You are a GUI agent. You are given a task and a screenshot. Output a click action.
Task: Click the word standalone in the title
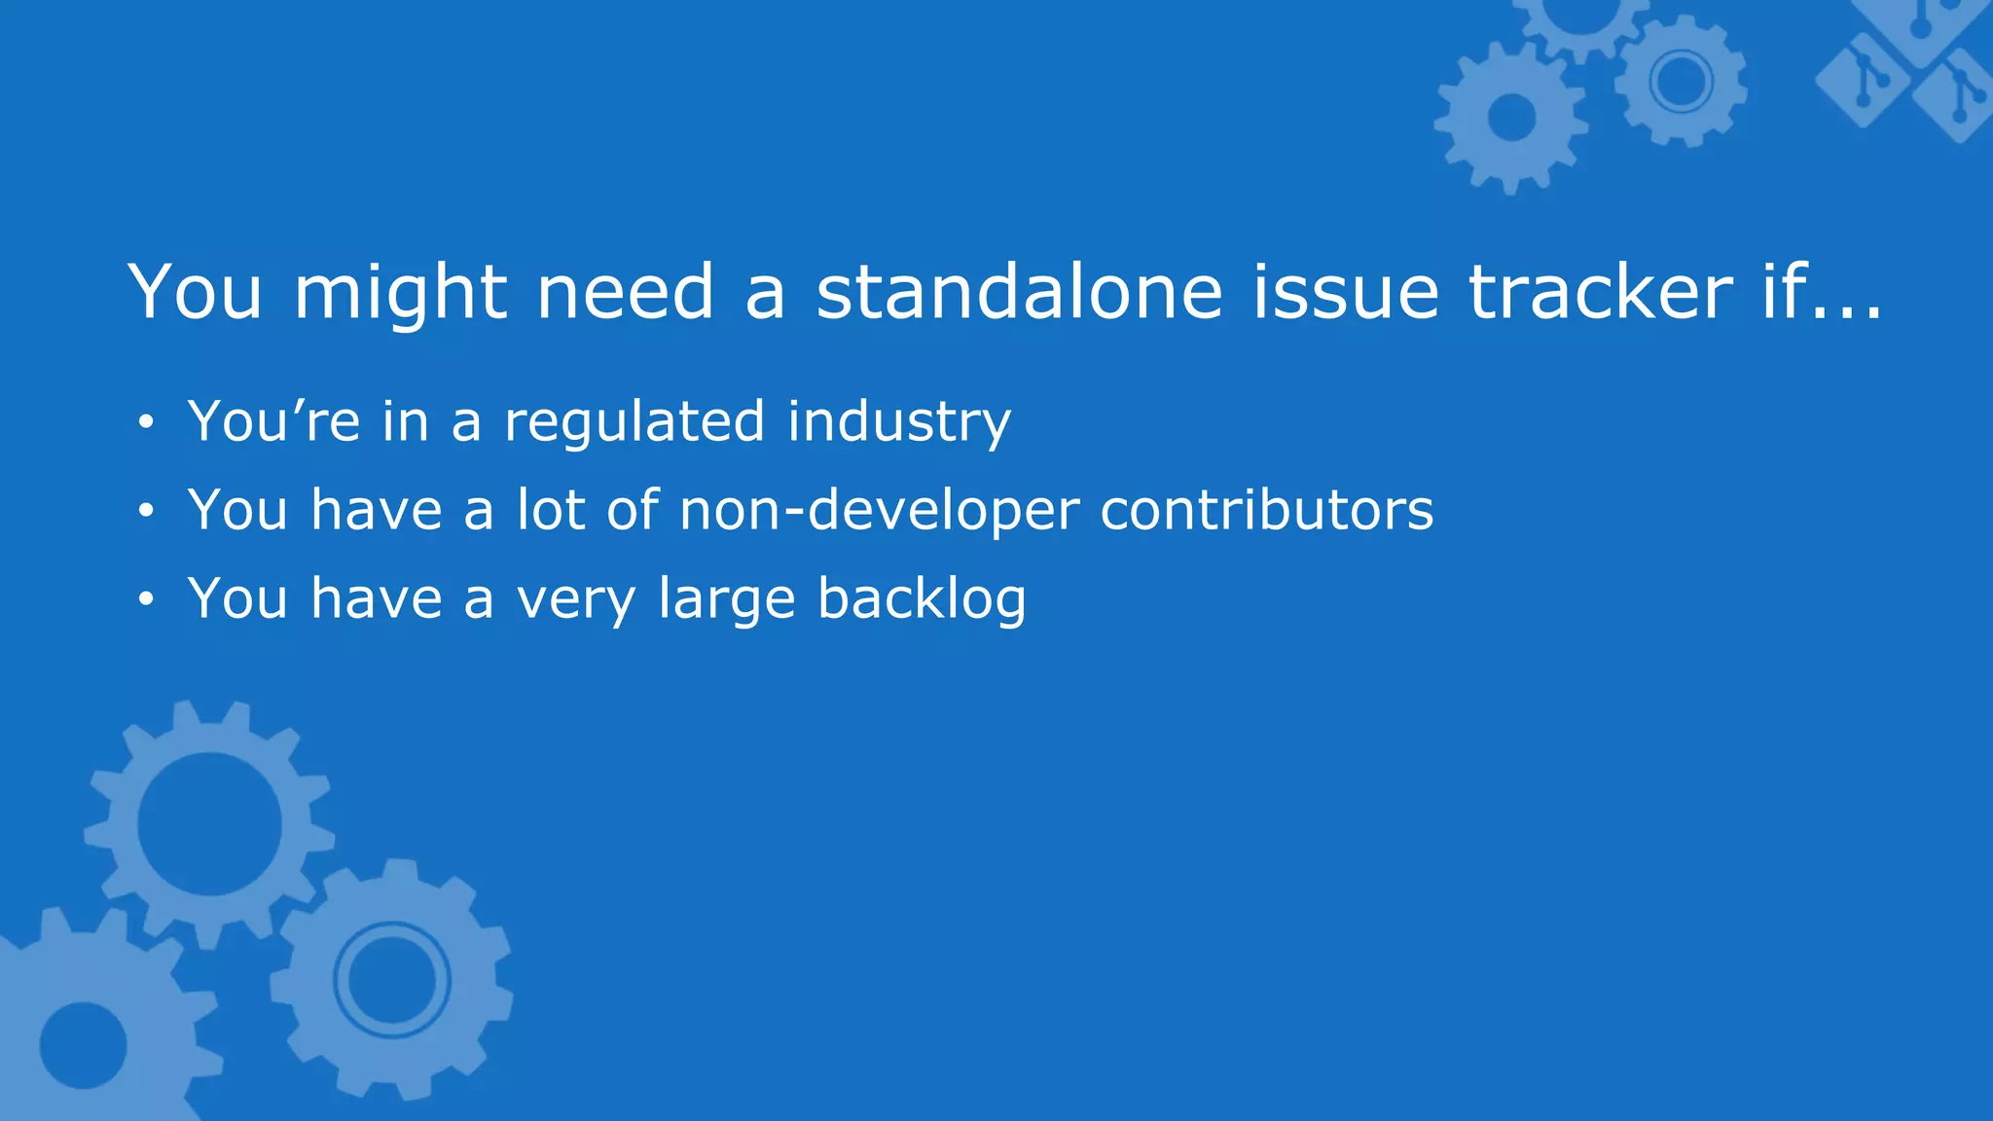1019,292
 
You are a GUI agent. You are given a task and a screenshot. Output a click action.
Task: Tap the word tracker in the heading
1600,292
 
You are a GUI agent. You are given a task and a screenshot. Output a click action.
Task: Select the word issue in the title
1345,292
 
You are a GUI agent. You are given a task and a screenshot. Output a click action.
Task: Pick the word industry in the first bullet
899,422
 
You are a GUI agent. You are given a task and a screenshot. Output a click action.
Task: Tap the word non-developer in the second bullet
880,511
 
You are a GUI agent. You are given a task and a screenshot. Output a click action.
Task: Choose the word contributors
1266,509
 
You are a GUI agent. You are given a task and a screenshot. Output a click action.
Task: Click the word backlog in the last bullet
922,598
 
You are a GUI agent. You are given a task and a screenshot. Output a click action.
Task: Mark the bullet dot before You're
146,422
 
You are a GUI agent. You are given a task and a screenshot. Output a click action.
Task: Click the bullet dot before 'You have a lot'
146,511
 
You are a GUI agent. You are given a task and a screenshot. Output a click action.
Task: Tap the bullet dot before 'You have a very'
146,599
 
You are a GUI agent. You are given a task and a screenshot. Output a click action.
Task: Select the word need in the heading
626,292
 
